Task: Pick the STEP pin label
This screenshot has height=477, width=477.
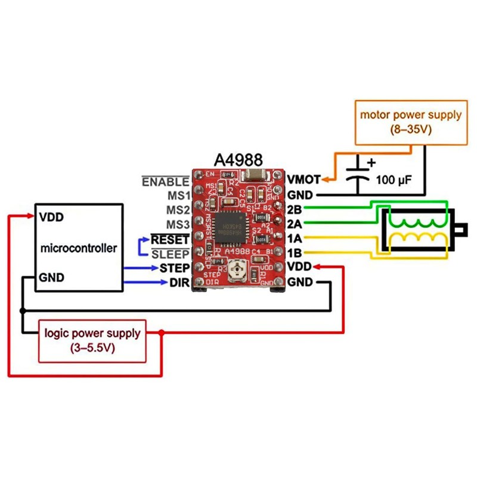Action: point(175,268)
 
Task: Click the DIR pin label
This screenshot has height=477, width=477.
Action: point(179,282)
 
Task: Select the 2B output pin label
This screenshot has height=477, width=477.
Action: point(295,210)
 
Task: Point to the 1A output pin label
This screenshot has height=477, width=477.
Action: point(295,238)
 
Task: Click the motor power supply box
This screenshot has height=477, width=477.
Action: point(410,122)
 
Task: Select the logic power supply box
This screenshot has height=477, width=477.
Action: point(92,340)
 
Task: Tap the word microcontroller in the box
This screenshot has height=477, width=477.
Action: point(79,247)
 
